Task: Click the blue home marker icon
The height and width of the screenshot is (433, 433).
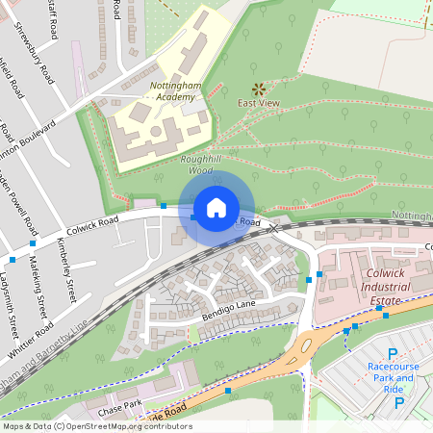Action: pos(216,207)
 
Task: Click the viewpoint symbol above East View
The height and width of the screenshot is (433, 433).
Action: pos(257,88)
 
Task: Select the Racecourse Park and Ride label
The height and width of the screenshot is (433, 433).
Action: pos(391,371)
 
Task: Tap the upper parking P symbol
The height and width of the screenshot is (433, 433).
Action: pos(392,353)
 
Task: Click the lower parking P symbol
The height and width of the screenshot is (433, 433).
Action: pos(398,402)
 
